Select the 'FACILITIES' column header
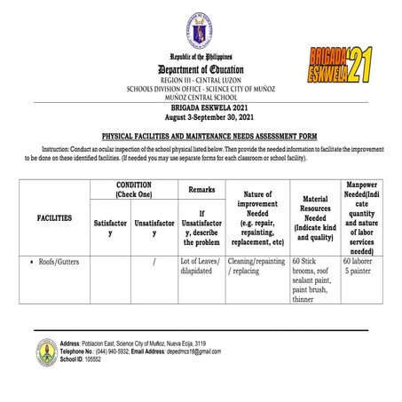pos(55,217)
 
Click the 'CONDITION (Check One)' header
pos(134,189)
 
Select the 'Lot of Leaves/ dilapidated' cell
pos(200,268)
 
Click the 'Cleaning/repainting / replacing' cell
pos(256,268)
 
